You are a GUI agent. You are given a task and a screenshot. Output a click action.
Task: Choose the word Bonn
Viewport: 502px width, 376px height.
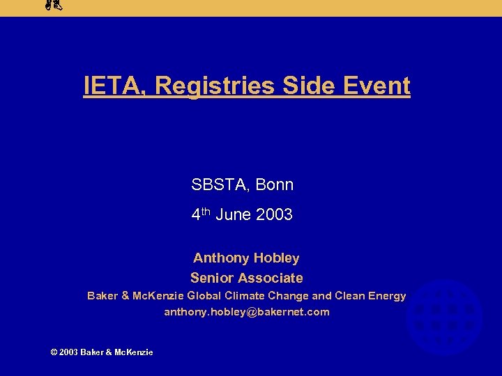275,185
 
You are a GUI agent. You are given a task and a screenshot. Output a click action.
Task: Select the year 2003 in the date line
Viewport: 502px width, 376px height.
274,215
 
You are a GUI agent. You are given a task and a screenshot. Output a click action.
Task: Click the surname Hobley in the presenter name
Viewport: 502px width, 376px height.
276,258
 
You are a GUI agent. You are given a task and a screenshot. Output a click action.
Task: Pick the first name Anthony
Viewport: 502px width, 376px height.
221,258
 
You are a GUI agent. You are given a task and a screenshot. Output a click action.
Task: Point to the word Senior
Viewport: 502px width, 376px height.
212,279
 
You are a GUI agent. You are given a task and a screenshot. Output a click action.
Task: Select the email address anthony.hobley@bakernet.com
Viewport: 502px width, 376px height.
247,312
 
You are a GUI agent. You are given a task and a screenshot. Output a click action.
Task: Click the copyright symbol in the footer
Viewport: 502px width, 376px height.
54,352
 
